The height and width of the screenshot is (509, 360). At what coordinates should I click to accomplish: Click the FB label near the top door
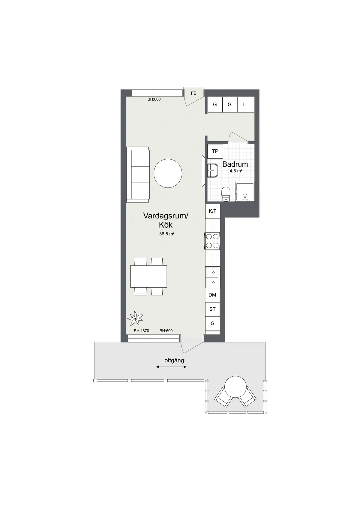tap(193, 93)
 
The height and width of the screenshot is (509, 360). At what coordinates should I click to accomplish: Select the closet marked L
tap(244, 104)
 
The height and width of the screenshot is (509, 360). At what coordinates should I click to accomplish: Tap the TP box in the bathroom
tap(215, 151)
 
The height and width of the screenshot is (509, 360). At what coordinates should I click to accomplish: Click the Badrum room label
tap(235, 164)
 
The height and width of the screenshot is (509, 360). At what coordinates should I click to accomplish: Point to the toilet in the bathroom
tap(226, 194)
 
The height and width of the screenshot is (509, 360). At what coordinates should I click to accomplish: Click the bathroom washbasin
tap(212, 170)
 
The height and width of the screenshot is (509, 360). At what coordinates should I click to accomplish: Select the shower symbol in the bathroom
tap(245, 191)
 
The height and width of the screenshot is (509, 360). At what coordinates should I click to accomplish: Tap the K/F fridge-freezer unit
tap(212, 211)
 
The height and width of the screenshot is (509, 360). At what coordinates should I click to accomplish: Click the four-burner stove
tap(212, 241)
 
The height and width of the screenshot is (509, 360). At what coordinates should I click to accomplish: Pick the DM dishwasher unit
tap(212, 295)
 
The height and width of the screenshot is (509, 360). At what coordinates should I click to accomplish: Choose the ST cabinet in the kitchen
tap(212, 309)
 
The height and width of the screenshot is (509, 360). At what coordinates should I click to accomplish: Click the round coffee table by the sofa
tap(168, 173)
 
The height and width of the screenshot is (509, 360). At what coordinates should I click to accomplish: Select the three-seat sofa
tap(138, 175)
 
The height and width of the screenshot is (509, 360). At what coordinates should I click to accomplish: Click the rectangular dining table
tap(148, 276)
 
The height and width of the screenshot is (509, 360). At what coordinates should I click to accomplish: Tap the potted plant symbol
tap(135, 319)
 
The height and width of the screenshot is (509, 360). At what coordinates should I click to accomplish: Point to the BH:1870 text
tap(141, 331)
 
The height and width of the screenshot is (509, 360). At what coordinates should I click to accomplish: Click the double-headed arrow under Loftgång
tap(171, 367)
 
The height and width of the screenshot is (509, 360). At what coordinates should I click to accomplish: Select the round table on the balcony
tap(235, 387)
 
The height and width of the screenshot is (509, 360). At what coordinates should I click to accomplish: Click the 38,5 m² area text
tap(166, 234)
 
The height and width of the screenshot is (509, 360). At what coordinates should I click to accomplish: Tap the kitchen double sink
tap(212, 277)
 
